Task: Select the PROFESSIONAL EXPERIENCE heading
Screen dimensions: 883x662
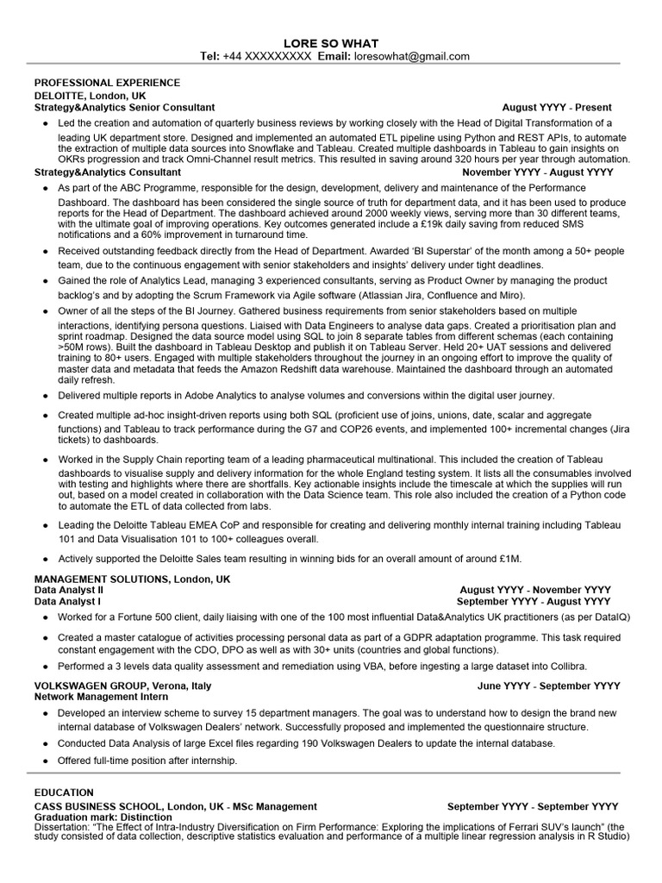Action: pyautogui.click(x=107, y=83)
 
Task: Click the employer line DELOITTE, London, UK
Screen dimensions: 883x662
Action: pyautogui.click(x=90, y=95)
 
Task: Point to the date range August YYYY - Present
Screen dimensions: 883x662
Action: pyautogui.click(x=557, y=108)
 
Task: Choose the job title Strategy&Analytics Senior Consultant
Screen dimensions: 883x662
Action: pyautogui.click(x=124, y=108)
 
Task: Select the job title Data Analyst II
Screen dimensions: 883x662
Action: pyautogui.click(x=68, y=590)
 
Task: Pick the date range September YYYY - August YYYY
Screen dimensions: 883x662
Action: pyautogui.click(x=534, y=601)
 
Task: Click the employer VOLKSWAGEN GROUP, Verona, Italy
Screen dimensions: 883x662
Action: pyautogui.click(x=122, y=686)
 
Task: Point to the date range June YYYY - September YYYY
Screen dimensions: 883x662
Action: pyautogui.click(x=548, y=686)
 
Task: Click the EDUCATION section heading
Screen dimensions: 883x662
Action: pyautogui.click(x=64, y=792)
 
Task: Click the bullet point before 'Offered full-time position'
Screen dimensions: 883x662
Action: pyautogui.click(x=45, y=761)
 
